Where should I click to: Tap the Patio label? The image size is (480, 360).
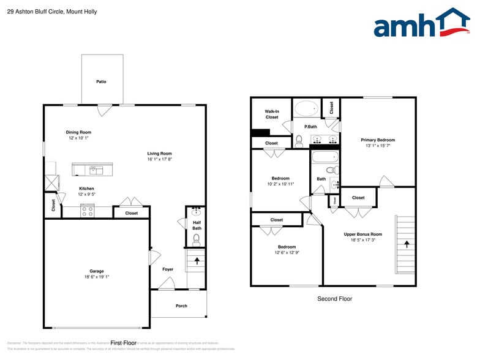pyautogui.click(x=101, y=81)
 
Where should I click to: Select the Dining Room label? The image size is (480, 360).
pyautogui.click(x=78, y=132)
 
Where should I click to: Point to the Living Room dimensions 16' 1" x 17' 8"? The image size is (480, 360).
pyautogui.click(x=159, y=159)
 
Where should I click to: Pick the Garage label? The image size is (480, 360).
pyautogui.click(x=97, y=271)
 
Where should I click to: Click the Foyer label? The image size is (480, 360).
pyautogui.click(x=168, y=269)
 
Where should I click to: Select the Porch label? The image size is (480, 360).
pyautogui.click(x=181, y=306)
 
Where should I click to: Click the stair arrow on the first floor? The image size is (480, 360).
pyautogui.click(x=197, y=260)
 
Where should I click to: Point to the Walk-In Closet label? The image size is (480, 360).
pyautogui.click(x=272, y=114)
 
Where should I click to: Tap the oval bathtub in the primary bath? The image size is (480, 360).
pyautogui.click(x=306, y=109)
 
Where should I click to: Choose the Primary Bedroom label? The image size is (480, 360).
pyautogui.click(x=378, y=140)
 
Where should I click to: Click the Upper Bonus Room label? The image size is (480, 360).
pyautogui.click(x=363, y=234)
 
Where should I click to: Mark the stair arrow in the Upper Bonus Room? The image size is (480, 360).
pyautogui.click(x=405, y=244)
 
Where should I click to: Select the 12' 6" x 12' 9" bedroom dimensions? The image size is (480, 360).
pyautogui.click(x=287, y=252)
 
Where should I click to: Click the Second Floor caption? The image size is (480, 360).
pyautogui.click(x=334, y=299)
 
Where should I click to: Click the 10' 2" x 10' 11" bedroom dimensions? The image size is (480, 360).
pyautogui.click(x=280, y=184)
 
